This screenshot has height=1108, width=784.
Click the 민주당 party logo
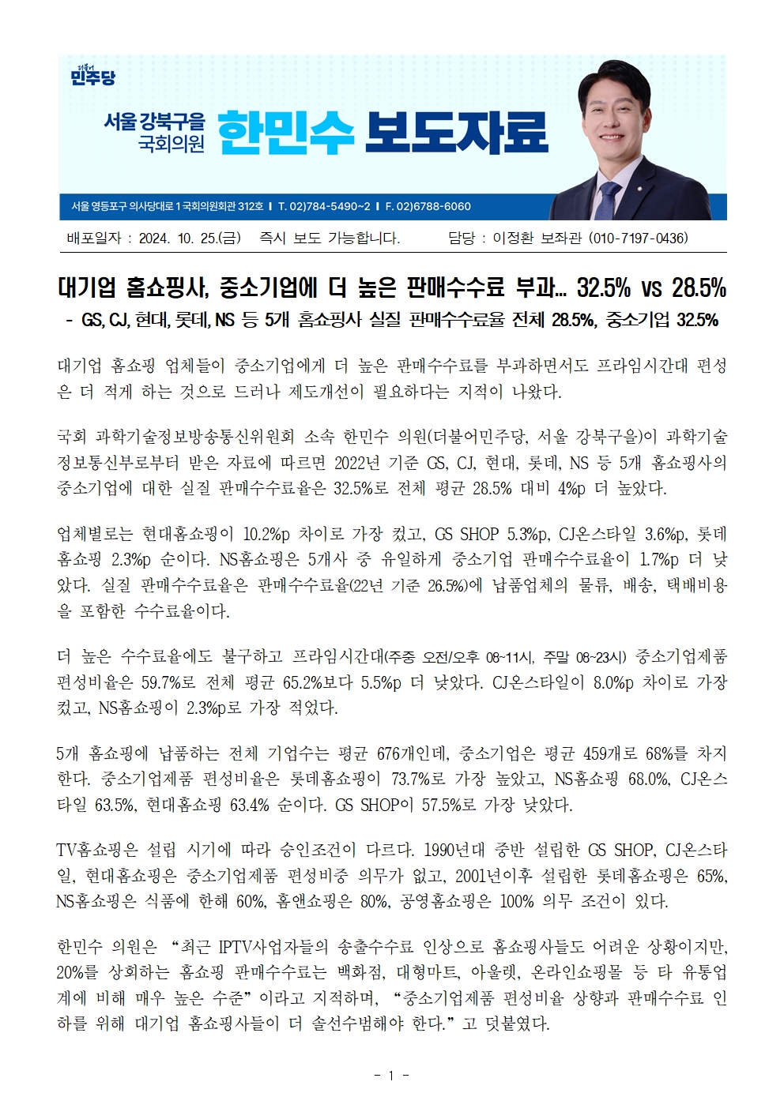tap(92, 75)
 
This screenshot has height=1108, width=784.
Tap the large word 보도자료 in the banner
tap(456, 132)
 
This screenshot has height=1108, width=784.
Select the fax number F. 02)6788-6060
tap(428, 207)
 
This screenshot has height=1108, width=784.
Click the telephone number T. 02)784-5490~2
tap(324, 207)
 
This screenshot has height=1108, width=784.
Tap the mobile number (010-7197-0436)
tap(639, 238)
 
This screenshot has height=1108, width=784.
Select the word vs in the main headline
tap(650, 288)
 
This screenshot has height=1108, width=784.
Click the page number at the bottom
tap(391, 1075)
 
